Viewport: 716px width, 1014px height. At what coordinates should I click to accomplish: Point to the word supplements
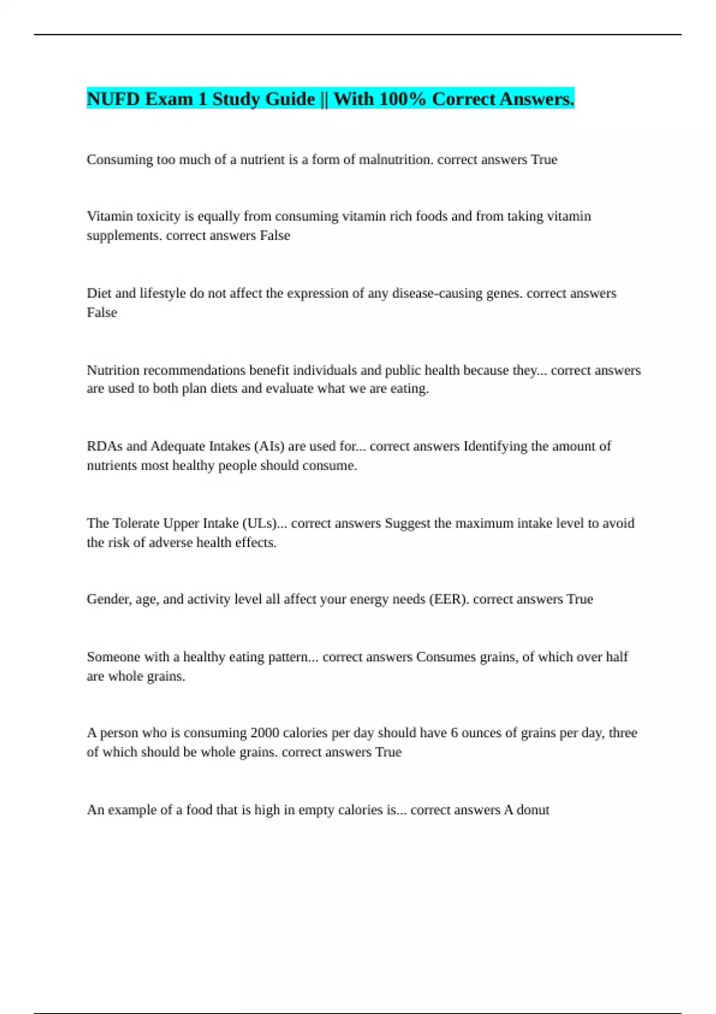[x=124, y=236]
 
